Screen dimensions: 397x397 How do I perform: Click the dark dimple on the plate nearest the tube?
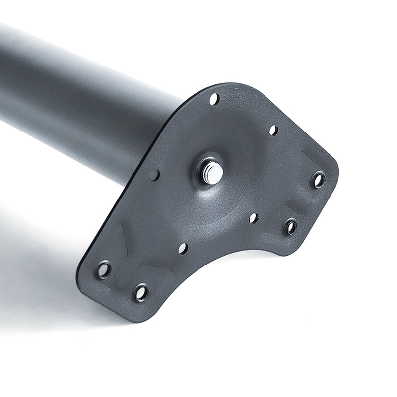point(154,175)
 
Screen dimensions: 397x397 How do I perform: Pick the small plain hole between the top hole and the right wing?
point(273,130)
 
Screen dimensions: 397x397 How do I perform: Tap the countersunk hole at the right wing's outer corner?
point(318,179)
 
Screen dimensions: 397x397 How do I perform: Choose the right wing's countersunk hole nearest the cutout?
point(290,227)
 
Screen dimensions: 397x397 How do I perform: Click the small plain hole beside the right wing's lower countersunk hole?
point(254,218)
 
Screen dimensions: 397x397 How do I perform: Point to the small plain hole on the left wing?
point(183,248)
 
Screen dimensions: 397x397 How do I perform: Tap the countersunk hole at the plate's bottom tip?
point(141,292)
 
